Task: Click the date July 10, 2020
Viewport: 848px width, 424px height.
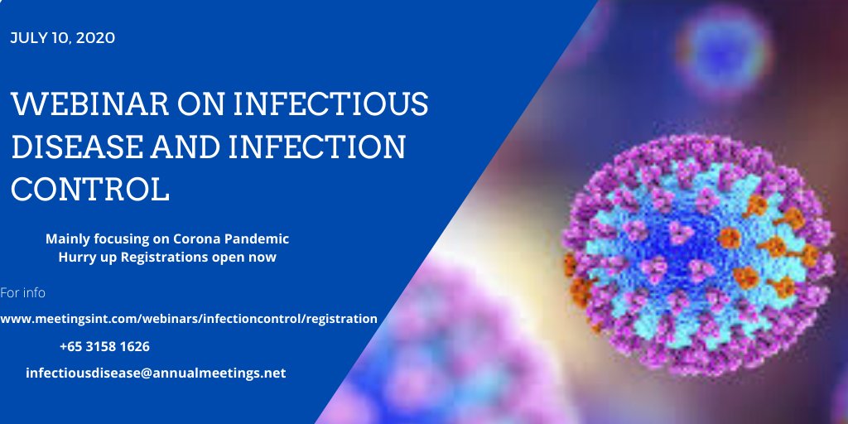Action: click(x=62, y=38)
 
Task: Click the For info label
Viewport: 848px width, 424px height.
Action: click(x=23, y=292)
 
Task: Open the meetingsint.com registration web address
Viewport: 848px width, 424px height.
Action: click(x=188, y=318)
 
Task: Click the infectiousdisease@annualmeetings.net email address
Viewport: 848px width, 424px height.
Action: click(x=156, y=373)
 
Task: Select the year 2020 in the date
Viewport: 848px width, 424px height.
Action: click(x=99, y=38)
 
